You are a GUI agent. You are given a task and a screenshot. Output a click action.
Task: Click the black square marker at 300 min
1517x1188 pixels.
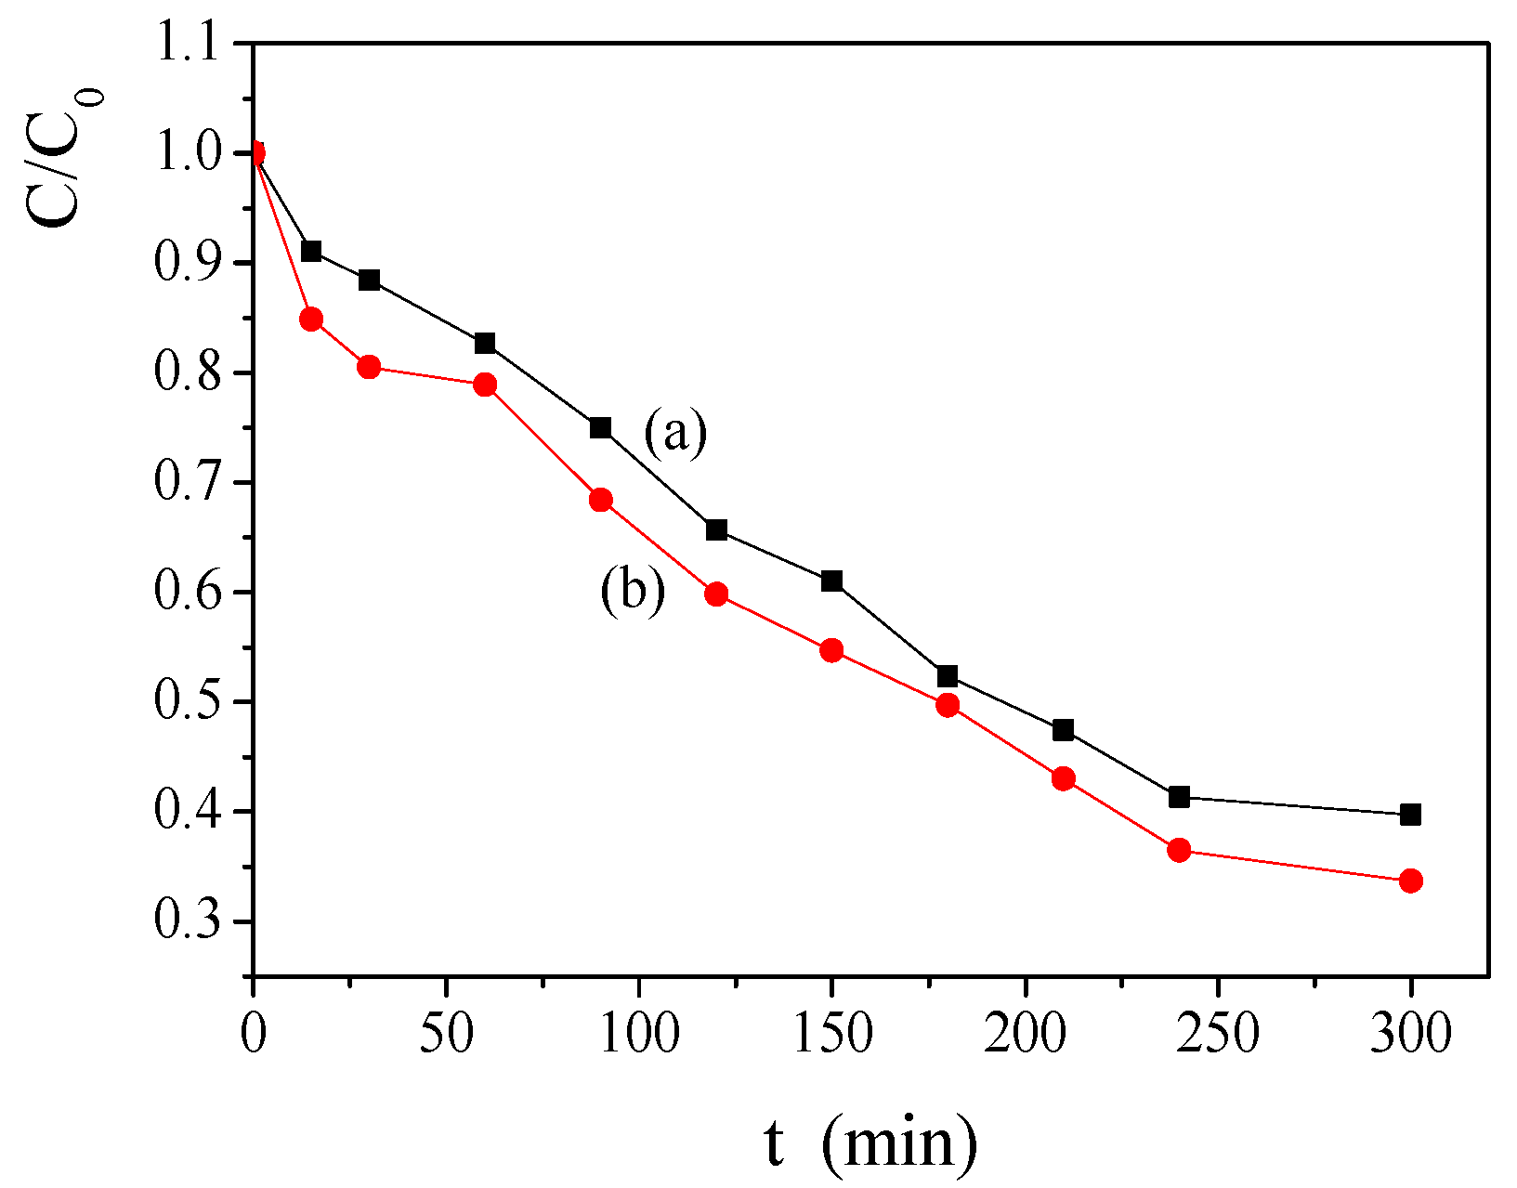tap(1410, 815)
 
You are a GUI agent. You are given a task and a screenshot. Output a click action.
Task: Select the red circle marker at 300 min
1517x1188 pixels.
tap(1410, 881)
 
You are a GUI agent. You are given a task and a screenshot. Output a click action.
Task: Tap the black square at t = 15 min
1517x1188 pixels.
tap(311, 252)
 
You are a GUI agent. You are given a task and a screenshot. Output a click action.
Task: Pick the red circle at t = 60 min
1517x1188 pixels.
tap(485, 385)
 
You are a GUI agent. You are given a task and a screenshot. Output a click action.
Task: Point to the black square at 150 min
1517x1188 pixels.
tap(831, 581)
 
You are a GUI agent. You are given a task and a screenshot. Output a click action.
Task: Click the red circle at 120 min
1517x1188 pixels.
tap(716, 594)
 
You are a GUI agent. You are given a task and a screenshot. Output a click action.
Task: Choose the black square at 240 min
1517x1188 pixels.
tap(1179, 797)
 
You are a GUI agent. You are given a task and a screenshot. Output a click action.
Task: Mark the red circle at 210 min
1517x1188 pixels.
tap(1064, 778)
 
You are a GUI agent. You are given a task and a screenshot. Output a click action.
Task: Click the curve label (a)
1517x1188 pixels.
tap(675, 433)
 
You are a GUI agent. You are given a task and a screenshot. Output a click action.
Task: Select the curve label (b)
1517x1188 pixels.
tap(633, 591)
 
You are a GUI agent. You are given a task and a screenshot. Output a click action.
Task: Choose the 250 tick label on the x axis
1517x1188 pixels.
tap(1218, 1032)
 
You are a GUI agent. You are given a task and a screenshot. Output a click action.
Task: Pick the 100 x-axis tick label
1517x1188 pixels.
tap(639, 1032)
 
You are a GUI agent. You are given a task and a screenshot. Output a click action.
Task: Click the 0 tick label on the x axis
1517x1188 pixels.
tap(253, 1032)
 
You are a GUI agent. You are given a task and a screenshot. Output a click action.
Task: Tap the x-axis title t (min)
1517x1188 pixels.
tap(870, 1142)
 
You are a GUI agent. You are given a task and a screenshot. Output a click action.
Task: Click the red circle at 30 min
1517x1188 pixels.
tap(369, 367)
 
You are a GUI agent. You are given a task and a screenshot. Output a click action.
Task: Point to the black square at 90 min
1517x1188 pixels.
tap(600, 428)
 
